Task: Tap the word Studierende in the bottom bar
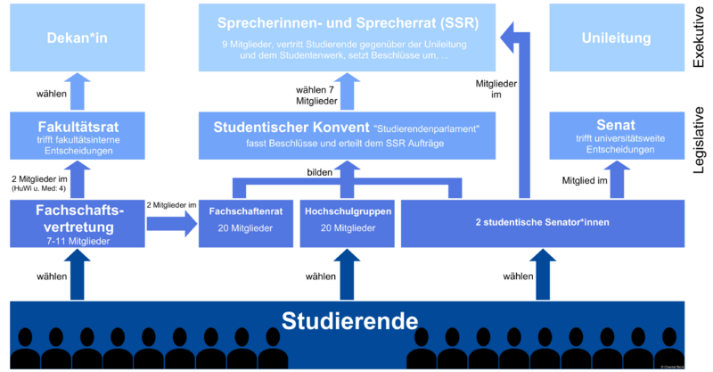click(x=349, y=320)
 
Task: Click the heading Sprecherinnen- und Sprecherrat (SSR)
click(x=348, y=22)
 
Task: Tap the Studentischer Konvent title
click(x=291, y=128)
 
